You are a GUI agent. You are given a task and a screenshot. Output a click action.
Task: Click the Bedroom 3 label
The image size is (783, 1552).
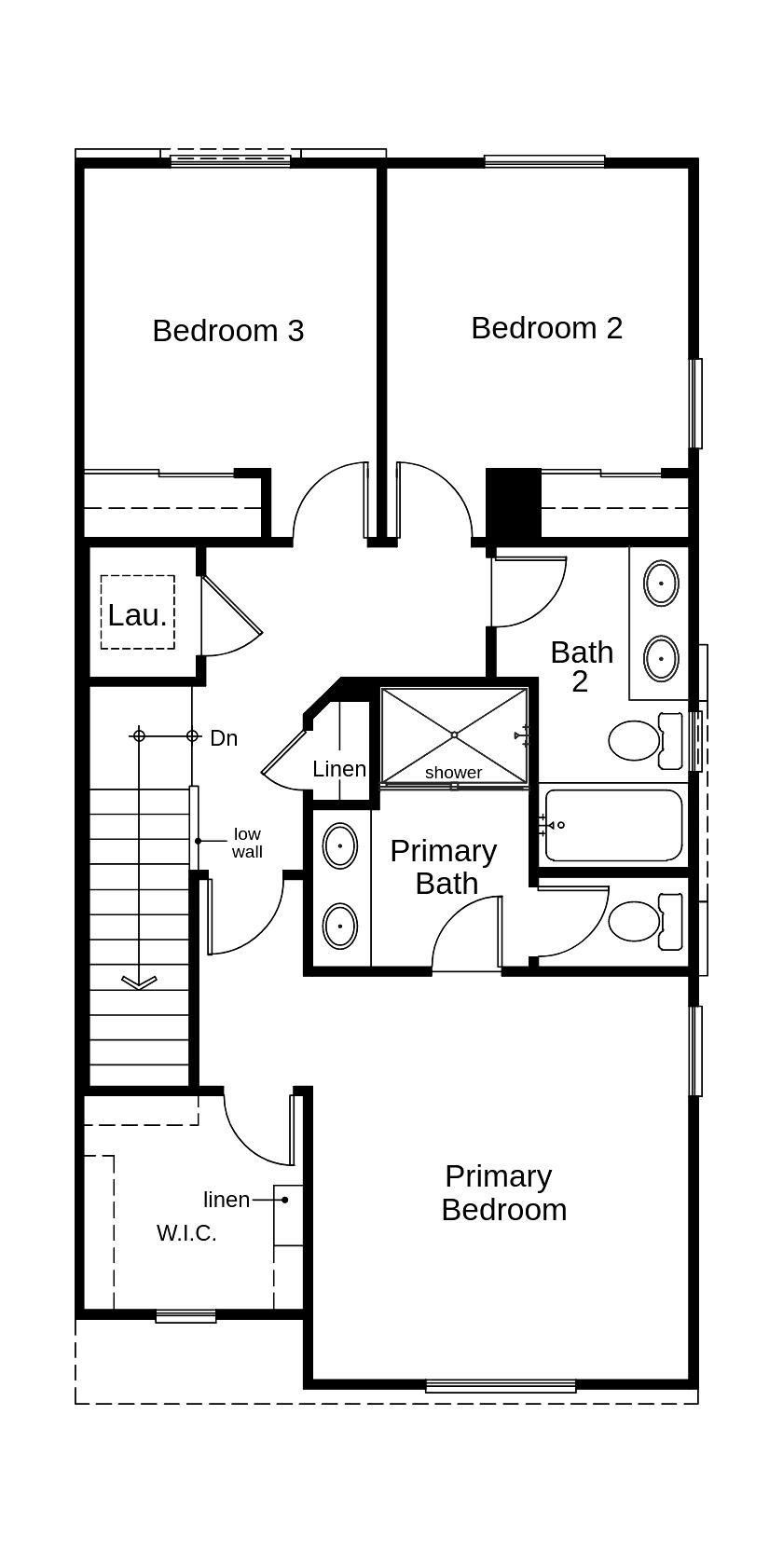click(228, 331)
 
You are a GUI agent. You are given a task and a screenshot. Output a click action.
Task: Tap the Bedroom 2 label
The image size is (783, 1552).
click(546, 328)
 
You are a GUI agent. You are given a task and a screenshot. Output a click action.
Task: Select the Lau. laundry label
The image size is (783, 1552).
click(137, 615)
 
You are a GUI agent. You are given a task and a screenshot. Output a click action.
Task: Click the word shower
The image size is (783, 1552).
click(453, 773)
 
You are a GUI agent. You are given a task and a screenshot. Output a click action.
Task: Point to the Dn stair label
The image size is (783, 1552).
click(224, 738)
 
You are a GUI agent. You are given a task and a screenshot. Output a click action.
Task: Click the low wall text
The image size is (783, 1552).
click(247, 843)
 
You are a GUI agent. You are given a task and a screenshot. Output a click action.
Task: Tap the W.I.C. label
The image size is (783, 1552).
click(186, 1233)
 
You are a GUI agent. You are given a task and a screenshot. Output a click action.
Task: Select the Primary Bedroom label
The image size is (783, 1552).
click(503, 1193)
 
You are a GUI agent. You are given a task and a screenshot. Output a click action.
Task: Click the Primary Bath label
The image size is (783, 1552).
click(444, 867)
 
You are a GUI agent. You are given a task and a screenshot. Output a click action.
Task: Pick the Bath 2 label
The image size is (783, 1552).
click(582, 666)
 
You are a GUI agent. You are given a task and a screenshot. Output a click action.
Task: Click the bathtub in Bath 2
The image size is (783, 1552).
click(613, 826)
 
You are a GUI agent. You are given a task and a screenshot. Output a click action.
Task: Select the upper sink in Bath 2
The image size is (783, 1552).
click(661, 584)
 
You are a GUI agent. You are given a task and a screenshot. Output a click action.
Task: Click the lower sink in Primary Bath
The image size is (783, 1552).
click(339, 927)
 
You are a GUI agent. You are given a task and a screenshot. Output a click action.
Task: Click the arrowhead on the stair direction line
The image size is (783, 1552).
click(139, 981)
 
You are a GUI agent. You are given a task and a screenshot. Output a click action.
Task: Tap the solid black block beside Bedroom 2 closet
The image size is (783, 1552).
click(514, 501)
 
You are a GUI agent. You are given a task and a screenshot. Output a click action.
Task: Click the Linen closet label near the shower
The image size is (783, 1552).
click(339, 770)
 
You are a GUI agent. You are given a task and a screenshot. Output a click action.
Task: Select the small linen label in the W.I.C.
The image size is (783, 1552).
click(227, 1200)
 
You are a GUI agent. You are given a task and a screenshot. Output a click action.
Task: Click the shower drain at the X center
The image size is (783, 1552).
click(454, 735)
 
